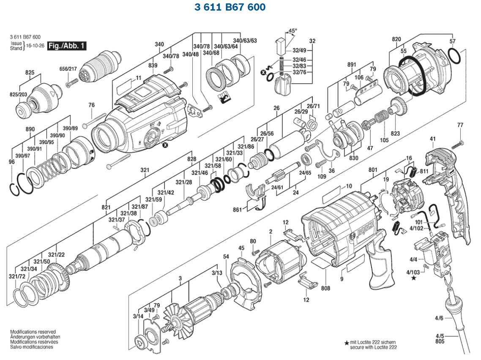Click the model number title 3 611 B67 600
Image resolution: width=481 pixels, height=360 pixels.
230,8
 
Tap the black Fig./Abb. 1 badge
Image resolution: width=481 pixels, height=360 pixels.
67,46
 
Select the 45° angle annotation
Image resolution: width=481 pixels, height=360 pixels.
292,31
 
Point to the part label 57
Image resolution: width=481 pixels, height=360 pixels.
453,41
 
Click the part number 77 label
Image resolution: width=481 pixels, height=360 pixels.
460,125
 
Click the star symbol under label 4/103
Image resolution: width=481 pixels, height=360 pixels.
413,278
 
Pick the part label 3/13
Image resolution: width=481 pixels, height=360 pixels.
217,273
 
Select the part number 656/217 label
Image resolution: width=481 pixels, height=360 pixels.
68,69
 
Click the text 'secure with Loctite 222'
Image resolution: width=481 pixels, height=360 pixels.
373,347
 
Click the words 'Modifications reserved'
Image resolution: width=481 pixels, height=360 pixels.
33,332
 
